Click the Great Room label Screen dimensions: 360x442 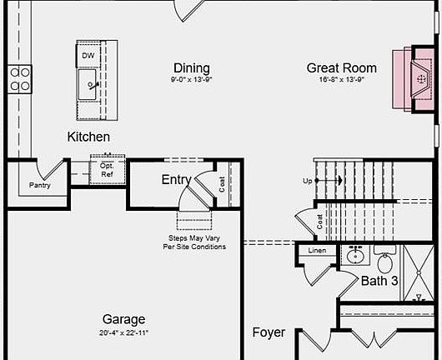341,68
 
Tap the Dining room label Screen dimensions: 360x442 192,67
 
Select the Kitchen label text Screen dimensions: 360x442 88,136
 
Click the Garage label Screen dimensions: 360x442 123,319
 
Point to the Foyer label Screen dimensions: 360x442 269,332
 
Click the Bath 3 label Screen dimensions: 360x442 379,281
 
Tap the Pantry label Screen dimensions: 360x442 40,185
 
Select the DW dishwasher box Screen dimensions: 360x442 88,56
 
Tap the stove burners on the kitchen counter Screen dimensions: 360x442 20,79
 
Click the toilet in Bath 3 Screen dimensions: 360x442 384,257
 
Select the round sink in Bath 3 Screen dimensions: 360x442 355,256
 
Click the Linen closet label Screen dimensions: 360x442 317,250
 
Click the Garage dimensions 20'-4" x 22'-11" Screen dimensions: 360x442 123,332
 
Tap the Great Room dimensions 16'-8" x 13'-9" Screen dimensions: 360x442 342,79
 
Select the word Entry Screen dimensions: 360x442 176,179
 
